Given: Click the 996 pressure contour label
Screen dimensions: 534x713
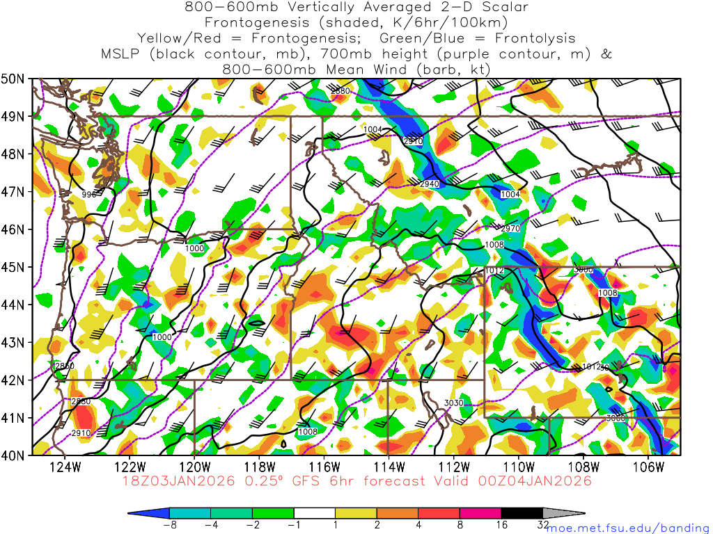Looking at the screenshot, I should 88,195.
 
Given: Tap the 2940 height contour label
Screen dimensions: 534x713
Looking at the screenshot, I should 430,184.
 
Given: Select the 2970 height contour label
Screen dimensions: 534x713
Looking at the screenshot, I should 510,229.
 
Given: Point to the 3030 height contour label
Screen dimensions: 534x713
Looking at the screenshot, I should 453,403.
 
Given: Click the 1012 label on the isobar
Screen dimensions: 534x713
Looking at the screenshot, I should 494,270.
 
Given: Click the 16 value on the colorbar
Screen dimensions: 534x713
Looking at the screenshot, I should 501,526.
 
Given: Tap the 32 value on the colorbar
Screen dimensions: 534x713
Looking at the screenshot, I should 543,526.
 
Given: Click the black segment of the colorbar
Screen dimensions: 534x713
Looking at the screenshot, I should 522,512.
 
